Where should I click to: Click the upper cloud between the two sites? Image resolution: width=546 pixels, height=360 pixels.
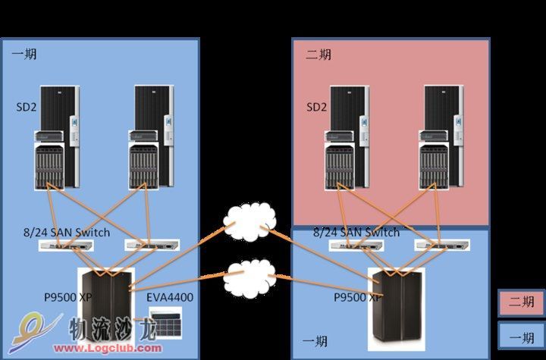pos(249,222)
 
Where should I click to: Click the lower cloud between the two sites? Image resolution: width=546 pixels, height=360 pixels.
pos(250,279)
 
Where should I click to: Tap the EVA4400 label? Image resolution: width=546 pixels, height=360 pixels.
pos(170,297)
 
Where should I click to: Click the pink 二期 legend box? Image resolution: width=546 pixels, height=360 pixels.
pos(521,302)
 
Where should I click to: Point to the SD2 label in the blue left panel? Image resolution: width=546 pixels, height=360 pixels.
pos(26,107)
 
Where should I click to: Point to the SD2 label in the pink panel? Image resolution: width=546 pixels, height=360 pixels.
pos(316,107)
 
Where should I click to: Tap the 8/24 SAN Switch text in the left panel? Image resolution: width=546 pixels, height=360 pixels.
pos(67,232)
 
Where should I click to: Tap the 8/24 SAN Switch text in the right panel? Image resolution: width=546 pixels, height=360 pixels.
pos(356,232)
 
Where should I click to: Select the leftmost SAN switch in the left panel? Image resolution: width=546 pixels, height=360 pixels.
pos(66,246)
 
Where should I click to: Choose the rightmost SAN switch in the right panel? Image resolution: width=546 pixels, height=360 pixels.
pos(442,245)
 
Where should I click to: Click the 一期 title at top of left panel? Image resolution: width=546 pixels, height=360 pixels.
pos(24,55)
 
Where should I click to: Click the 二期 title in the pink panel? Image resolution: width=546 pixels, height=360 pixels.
pos(318,55)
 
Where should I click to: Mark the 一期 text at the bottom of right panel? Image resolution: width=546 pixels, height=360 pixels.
pos(315,342)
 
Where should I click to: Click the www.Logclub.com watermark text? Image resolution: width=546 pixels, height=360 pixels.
pos(108,348)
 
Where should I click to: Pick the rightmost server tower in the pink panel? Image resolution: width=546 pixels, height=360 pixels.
pos(441,138)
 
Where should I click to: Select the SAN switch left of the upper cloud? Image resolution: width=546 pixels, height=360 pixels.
pos(152,245)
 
